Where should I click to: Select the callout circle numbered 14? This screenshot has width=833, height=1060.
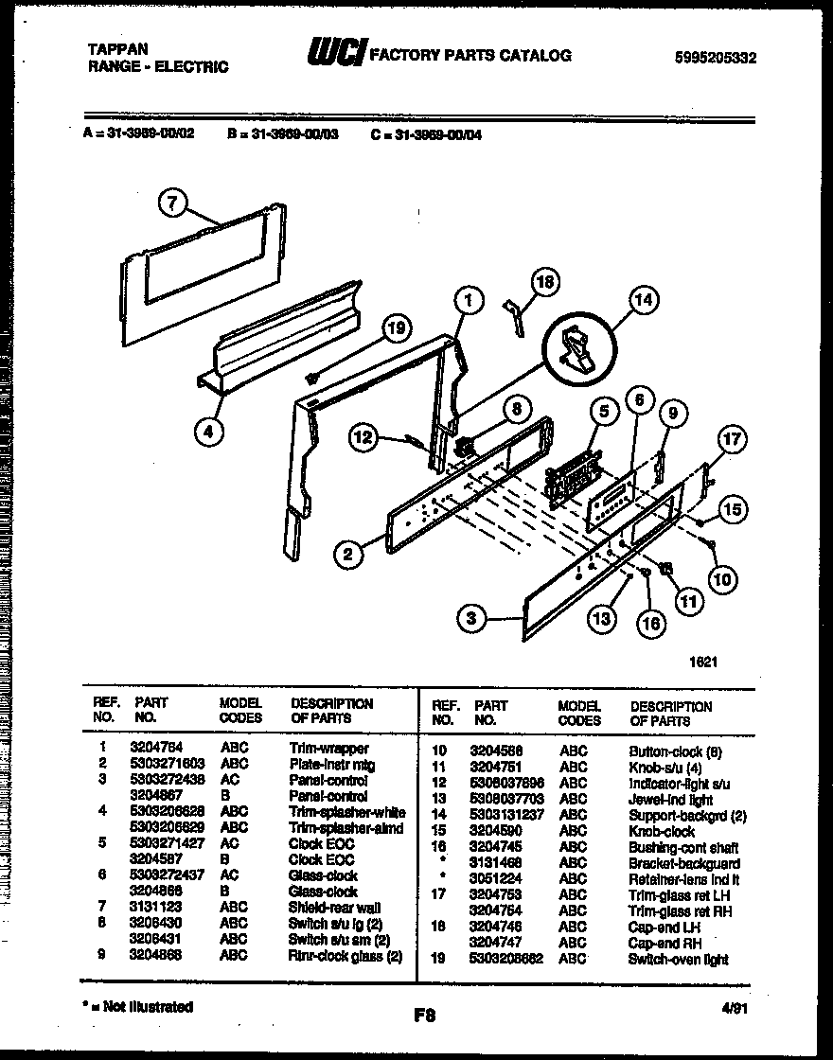pyautogui.click(x=643, y=302)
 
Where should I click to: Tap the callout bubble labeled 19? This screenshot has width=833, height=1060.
pyautogui.click(x=398, y=328)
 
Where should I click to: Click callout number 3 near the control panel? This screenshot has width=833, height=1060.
pyautogui.click(x=471, y=619)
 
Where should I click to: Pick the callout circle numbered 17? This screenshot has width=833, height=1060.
pyautogui.click(x=732, y=439)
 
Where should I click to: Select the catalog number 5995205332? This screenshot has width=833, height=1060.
pyautogui.click(x=716, y=58)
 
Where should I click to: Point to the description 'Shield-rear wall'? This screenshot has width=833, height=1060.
pyautogui.click(x=334, y=907)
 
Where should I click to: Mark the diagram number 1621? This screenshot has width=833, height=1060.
pyautogui.click(x=702, y=662)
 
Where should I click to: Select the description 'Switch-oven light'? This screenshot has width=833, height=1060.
pyautogui.click(x=678, y=959)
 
